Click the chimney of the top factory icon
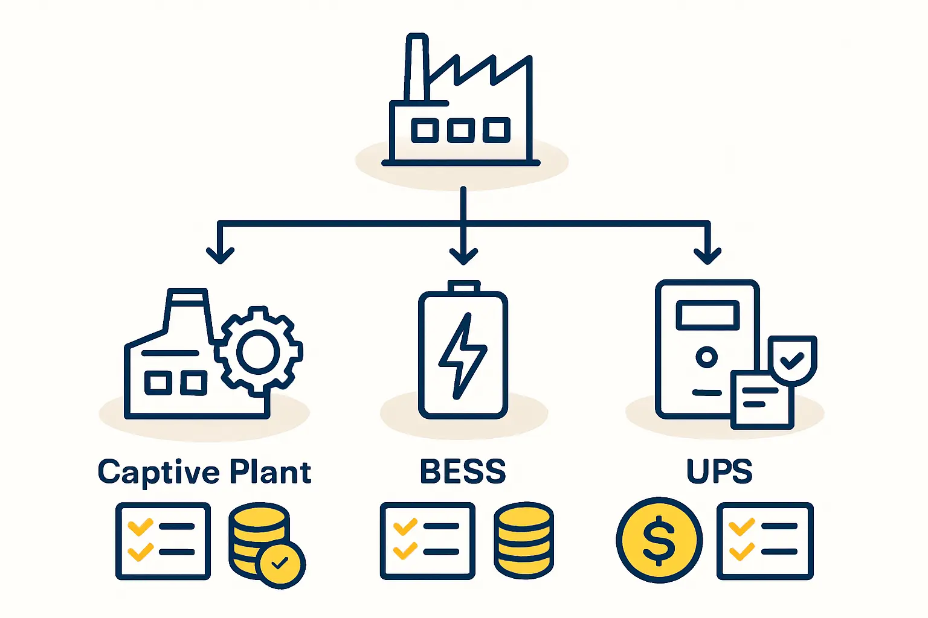coord(416,68)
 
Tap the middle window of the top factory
coord(460,130)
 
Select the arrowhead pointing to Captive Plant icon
coord(220,255)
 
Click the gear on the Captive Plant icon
coord(259,351)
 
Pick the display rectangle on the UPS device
coord(707,316)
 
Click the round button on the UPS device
coord(706,357)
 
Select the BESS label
coord(463,472)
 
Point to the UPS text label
coord(719,472)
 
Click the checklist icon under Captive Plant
coord(163,541)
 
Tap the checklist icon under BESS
coord(427,541)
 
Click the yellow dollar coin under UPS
coord(659,540)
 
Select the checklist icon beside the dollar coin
coord(765,541)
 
